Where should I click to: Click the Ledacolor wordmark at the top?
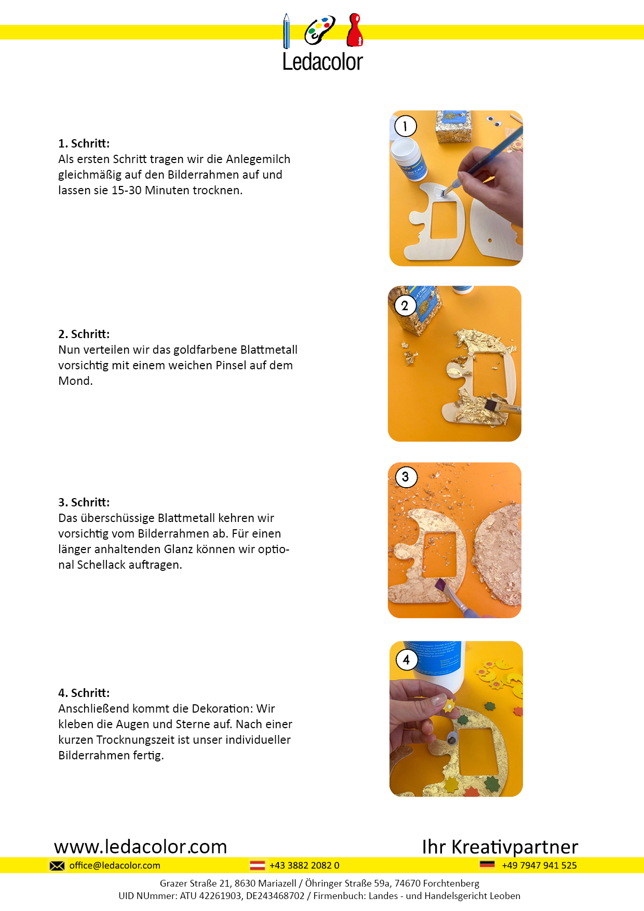pyautogui.click(x=323, y=62)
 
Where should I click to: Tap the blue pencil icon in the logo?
pyautogui.click(x=286, y=31)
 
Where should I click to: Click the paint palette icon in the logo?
pyautogui.click(x=319, y=30)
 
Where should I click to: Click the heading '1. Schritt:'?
pyautogui.click(x=84, y=143)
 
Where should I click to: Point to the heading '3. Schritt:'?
pyautogui.click(x=84, y=502)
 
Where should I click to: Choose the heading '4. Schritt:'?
pyautogui.click(x=84, y=693)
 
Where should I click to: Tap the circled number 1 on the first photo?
pyautogui.click(x=405, y=126)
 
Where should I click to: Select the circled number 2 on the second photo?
pyautogui.click(x=405, y=306)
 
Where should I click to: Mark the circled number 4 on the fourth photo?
pyautogui.click(x=406, y=660)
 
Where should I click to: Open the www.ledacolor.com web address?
pyautogui.click(x=141, y=847)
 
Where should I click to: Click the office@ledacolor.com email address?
pyautogui.click(x=115, y=865)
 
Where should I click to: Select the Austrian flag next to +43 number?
pyautogui.click(x=258, y=865)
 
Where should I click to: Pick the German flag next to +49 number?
pyautogui.click(x=487, y=865)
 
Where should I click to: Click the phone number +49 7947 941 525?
pyautogui.click(x=540, y=865)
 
